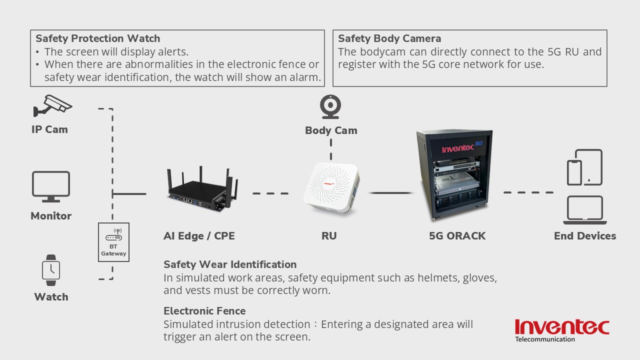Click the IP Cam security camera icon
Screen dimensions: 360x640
coord(52,106)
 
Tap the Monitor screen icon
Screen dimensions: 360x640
coord(51,186)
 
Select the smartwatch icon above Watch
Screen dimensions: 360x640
coord(50,270)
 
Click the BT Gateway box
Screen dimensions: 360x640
coord(114,242)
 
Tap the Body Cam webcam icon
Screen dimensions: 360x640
coord(330,107)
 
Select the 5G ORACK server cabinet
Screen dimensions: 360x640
coord(454,175)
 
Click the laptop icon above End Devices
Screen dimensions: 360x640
coord(584,210)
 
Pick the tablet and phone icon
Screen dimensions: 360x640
coord(584,167)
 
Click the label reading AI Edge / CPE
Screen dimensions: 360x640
coord(199,236)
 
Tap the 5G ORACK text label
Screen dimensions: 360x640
coord(457,236)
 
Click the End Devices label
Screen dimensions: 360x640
coord(585,236)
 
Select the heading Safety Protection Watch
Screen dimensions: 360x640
coord(98,38)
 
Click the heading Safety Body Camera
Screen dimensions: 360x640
coord(389,38)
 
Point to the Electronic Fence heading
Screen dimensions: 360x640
coord(204,311)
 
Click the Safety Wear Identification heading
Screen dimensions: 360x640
coord(230,264)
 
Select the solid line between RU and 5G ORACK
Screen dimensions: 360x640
coord(391,192)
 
